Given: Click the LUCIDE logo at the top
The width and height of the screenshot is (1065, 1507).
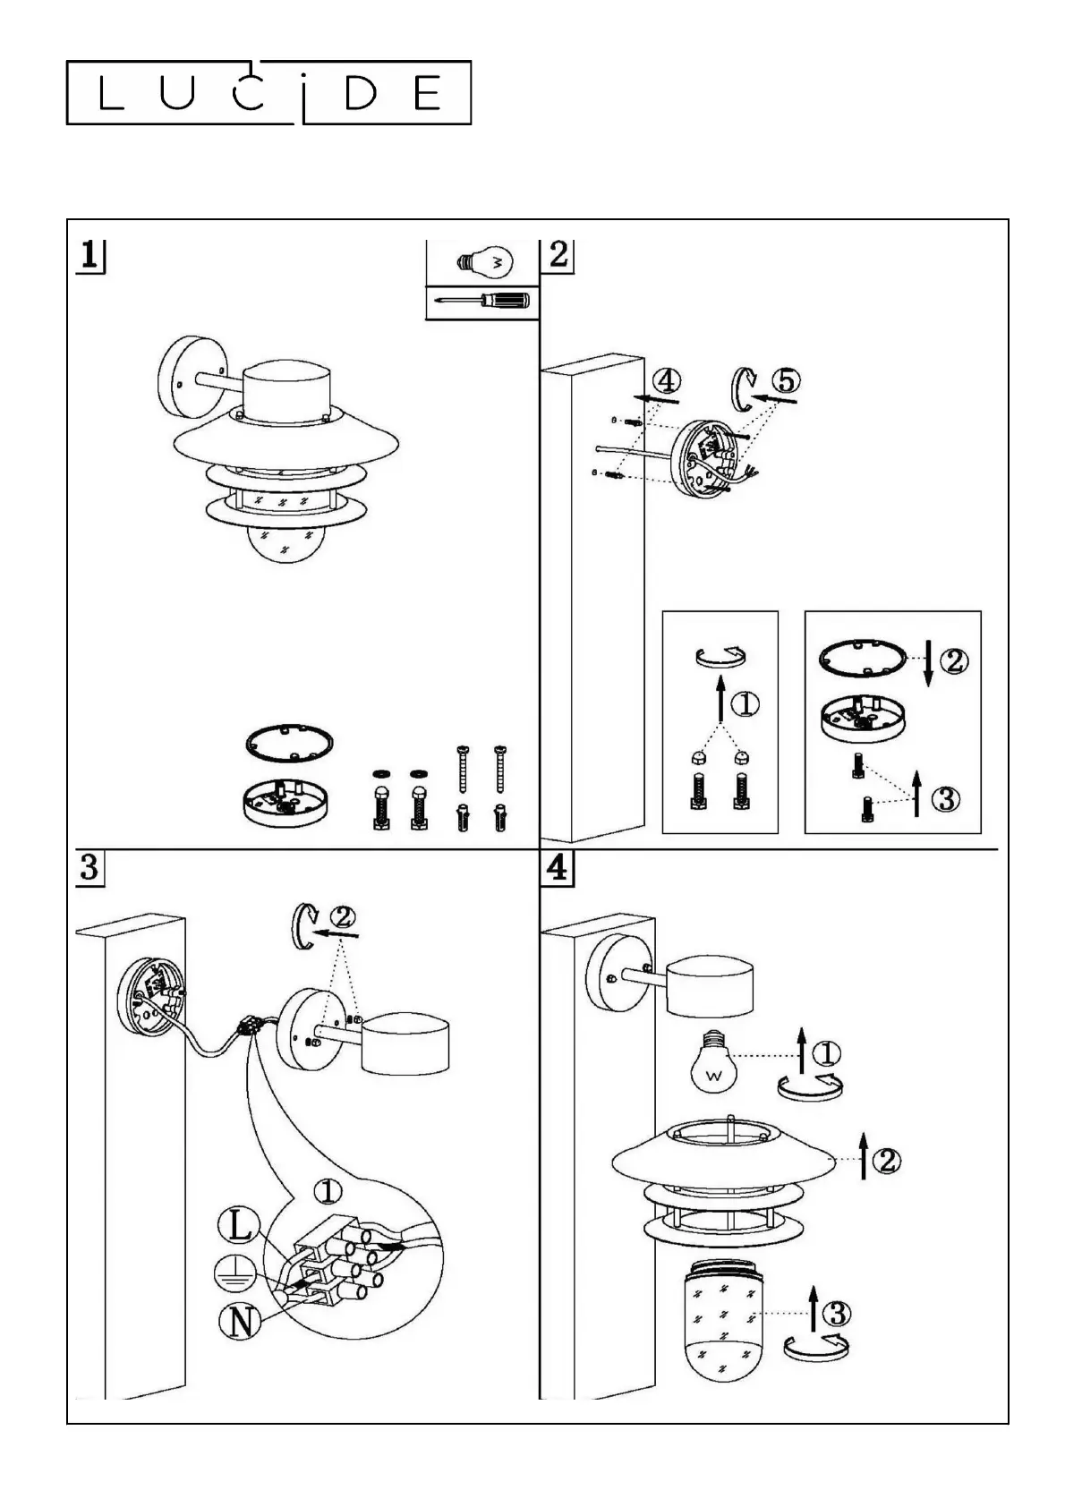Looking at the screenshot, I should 268,92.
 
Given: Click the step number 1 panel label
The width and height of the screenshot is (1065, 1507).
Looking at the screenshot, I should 89,256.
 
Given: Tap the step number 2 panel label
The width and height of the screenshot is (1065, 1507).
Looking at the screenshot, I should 558,255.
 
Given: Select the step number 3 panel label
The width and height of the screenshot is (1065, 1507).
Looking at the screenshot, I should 89,868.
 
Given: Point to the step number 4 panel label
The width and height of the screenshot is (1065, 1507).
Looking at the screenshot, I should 558,868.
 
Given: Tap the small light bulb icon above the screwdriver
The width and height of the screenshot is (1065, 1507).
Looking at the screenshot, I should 483,262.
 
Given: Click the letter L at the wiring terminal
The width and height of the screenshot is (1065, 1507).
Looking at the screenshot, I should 240,1225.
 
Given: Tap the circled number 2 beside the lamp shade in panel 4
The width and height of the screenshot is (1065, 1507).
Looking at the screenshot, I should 886,1161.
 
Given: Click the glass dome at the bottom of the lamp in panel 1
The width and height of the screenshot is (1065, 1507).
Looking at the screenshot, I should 284,543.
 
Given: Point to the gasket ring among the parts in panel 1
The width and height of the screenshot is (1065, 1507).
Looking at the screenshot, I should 289,743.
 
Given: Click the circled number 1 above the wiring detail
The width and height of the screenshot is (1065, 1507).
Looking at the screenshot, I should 328,1191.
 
